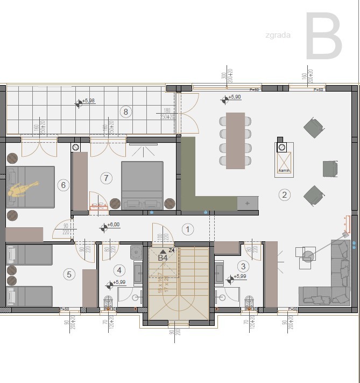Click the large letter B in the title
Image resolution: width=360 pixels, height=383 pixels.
324,37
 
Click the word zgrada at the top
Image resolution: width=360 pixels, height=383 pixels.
278,36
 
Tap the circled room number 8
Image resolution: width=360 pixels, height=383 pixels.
126,112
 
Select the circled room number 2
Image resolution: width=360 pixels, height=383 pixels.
285,194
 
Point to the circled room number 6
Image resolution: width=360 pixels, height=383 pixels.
63,185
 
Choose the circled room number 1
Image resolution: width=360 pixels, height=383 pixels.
188,229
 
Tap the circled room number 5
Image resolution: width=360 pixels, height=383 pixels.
68,274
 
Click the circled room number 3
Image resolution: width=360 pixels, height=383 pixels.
243,266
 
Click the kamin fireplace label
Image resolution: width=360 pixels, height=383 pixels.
285,171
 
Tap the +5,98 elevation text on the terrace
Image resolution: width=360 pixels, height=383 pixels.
89,101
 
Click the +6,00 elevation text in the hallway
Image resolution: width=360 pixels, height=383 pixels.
113,225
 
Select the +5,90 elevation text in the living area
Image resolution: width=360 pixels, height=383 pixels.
235,97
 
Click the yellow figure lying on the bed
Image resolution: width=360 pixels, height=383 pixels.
22,189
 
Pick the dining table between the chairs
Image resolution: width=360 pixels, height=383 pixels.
235,140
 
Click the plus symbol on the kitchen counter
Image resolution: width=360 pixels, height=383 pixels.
247,203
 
